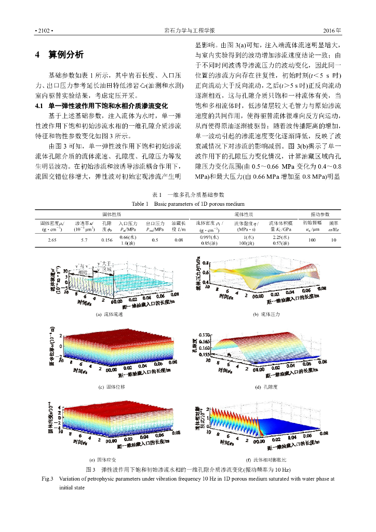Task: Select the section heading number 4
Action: tap(37, 55)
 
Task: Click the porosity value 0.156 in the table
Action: tap(106, 240)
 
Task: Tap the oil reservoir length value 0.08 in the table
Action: tap(179, 240)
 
